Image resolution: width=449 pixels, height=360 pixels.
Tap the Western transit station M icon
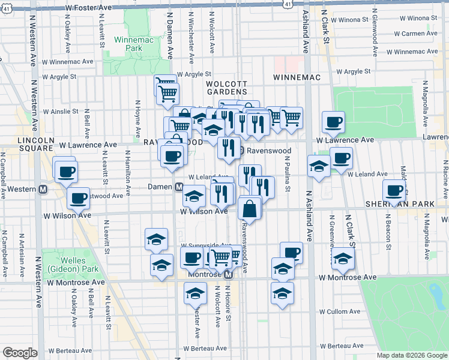pos(43,189)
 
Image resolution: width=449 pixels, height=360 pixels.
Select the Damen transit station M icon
pos(179,187)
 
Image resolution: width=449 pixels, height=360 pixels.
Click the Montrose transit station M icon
pos(228,275)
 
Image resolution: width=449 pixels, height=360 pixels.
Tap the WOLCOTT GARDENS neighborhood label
pos(226,88)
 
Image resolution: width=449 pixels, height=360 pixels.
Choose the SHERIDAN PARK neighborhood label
pos(399,205)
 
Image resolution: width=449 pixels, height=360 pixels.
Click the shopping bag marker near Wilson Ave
pos(249,209)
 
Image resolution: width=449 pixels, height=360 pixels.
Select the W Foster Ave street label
pos(89,7)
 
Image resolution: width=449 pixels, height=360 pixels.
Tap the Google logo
pos(20,353)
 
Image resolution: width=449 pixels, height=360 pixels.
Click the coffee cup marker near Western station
pos(65,171)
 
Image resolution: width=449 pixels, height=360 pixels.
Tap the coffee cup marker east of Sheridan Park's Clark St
pos(393,191)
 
